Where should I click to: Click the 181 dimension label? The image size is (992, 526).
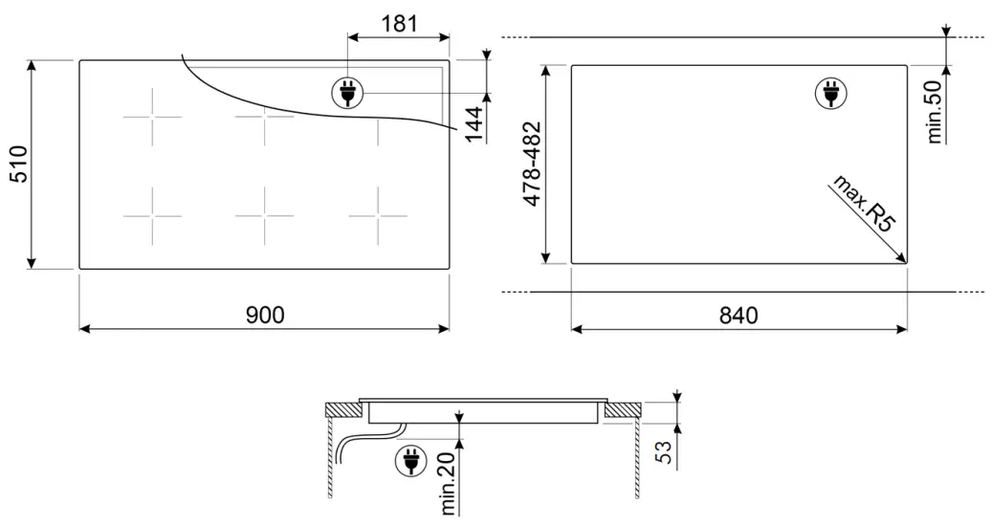click(x=399, y=23)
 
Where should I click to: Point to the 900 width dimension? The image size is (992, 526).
click(x=264, y=315)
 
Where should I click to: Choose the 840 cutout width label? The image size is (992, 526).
click(x=738, y=315)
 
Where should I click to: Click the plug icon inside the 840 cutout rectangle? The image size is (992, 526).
click(x=829, y=94)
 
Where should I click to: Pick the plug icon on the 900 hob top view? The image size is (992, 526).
click(x=345, y=93)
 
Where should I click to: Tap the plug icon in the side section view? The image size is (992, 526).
click(x=409, y=463)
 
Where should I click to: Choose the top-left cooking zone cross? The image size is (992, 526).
click(x=152, y=119)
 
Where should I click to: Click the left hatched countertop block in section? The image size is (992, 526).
click(x=342, y=409)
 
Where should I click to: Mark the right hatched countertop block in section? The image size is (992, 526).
click(x=623, y=409)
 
